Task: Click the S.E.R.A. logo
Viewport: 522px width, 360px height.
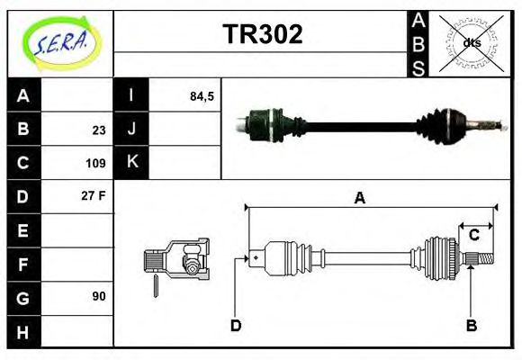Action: pos(59,42)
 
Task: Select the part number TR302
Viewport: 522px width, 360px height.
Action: pos(262,35)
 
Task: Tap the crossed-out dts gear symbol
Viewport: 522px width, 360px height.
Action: pos(471,42)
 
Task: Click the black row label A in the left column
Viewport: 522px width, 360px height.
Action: pos(23,95)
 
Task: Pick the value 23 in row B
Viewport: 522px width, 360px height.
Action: pos(99,130)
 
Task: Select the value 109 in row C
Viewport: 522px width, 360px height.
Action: pos(96,164)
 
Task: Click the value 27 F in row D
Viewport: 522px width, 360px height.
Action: pos(94,195)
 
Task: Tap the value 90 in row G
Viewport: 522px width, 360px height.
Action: pos(99,296)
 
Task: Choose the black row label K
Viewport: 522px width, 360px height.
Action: pos(131,163)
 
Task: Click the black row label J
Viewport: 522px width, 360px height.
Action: pos(131,130)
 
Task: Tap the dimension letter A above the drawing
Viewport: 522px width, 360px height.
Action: pos(359,199)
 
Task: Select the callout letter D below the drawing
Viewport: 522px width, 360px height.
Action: pos(236,324)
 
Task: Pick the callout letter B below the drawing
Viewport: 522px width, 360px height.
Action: pos(470,324)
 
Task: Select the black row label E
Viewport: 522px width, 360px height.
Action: pos(23,230)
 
